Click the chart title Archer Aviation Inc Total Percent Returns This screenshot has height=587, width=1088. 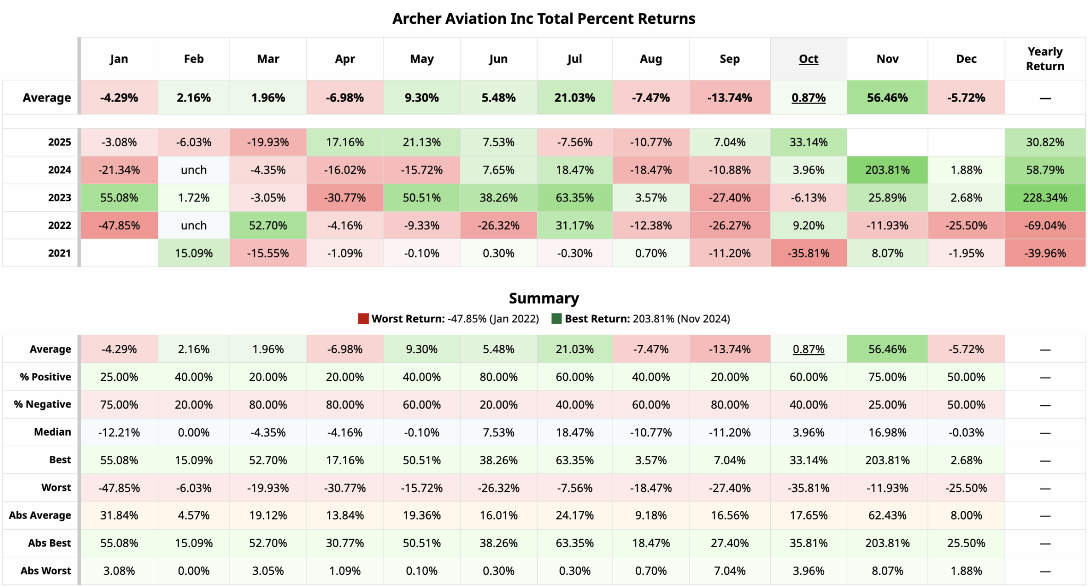(543, 19)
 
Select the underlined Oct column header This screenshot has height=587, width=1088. (808, 59)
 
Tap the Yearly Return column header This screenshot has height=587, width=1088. (1044, 59)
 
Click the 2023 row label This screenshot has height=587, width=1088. (59, 198)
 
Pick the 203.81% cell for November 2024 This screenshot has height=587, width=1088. (887, 170)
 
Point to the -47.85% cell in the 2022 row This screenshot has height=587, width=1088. (119, 225)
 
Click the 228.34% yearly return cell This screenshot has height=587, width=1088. (1044, 198)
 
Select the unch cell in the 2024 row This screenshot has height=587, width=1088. (193, 170)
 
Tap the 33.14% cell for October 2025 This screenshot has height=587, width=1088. (808, 142)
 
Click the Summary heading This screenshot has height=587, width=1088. (543, 298)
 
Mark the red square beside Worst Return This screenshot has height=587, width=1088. (363, 319)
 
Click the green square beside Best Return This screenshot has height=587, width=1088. (556, 319)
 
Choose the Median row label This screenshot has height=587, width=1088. (52, 432)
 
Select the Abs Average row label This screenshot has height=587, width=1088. (40, 515)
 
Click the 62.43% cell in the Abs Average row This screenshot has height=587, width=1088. (887, 515)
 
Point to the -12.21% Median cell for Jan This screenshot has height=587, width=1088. (119, 432)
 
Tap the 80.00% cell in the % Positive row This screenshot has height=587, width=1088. (498, 377)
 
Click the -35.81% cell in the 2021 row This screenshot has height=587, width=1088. (808, 253)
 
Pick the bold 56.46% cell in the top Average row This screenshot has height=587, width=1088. (887, 98)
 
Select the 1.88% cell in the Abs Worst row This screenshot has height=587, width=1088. (966, 571)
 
